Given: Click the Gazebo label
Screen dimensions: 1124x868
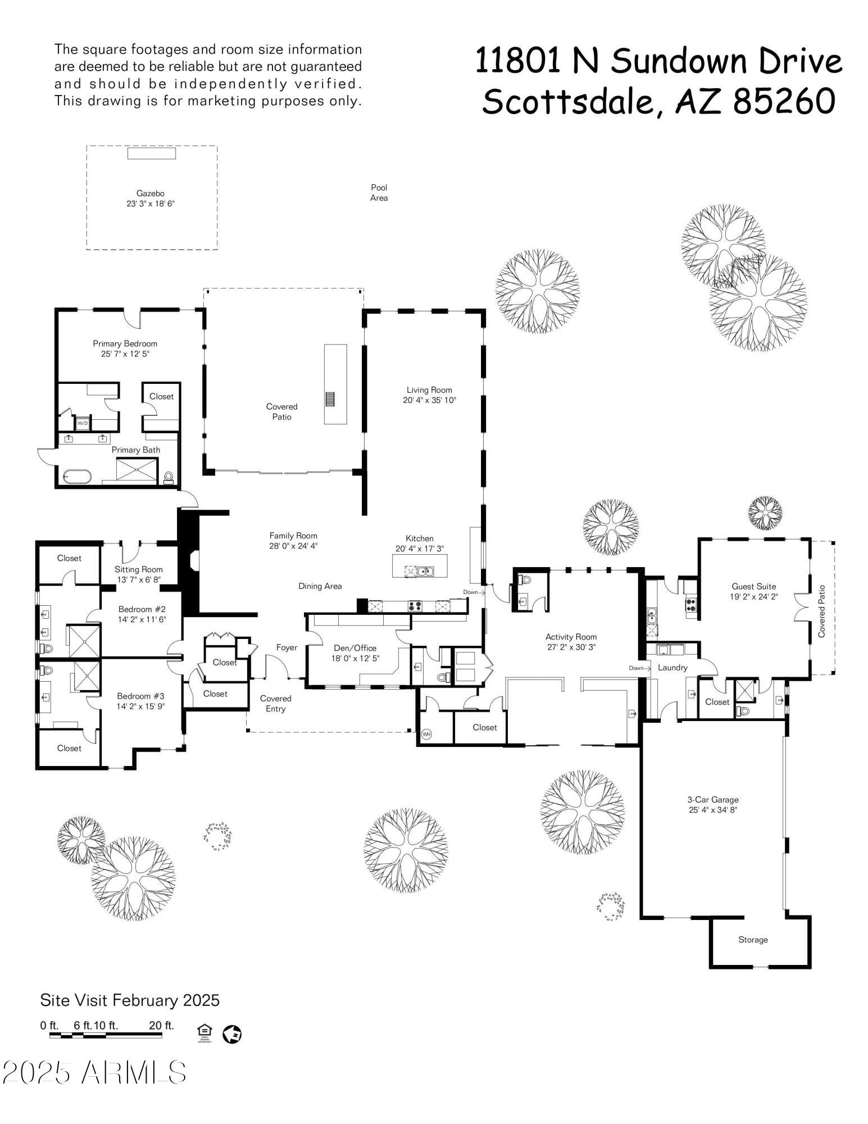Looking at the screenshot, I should (x=150, y=193).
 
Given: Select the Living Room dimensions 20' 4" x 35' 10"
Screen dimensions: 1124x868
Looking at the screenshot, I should (x=429, y=400).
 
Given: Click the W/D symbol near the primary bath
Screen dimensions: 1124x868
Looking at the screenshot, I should (x=83, y=423).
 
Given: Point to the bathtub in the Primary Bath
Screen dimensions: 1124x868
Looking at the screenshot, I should (x=77, y=477).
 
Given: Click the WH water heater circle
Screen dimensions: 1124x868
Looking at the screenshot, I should (x=426, y=734).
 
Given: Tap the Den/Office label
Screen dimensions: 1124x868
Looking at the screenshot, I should (x=355, y=648).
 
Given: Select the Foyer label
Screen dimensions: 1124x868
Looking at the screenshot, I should (x=287, y=647).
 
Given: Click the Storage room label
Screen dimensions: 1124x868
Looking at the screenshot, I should (x=753, y=940).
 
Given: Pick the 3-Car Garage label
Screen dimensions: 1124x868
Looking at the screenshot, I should (x=712, y=799).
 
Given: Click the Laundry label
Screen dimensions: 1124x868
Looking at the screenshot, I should (x=672, y=668).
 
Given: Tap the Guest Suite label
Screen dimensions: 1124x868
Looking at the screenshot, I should (x=753, y=586).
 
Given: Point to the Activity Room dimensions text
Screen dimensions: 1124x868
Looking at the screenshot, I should (x=571, y=647).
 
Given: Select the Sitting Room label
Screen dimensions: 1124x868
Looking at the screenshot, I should (x=138, y=569).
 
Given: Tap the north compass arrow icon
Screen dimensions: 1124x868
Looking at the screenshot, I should (x=232, y=1034).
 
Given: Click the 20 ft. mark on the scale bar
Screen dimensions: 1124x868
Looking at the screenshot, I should (x=161, y=1026).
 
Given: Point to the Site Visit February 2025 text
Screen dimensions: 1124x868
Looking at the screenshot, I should (x=130, y=1000).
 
